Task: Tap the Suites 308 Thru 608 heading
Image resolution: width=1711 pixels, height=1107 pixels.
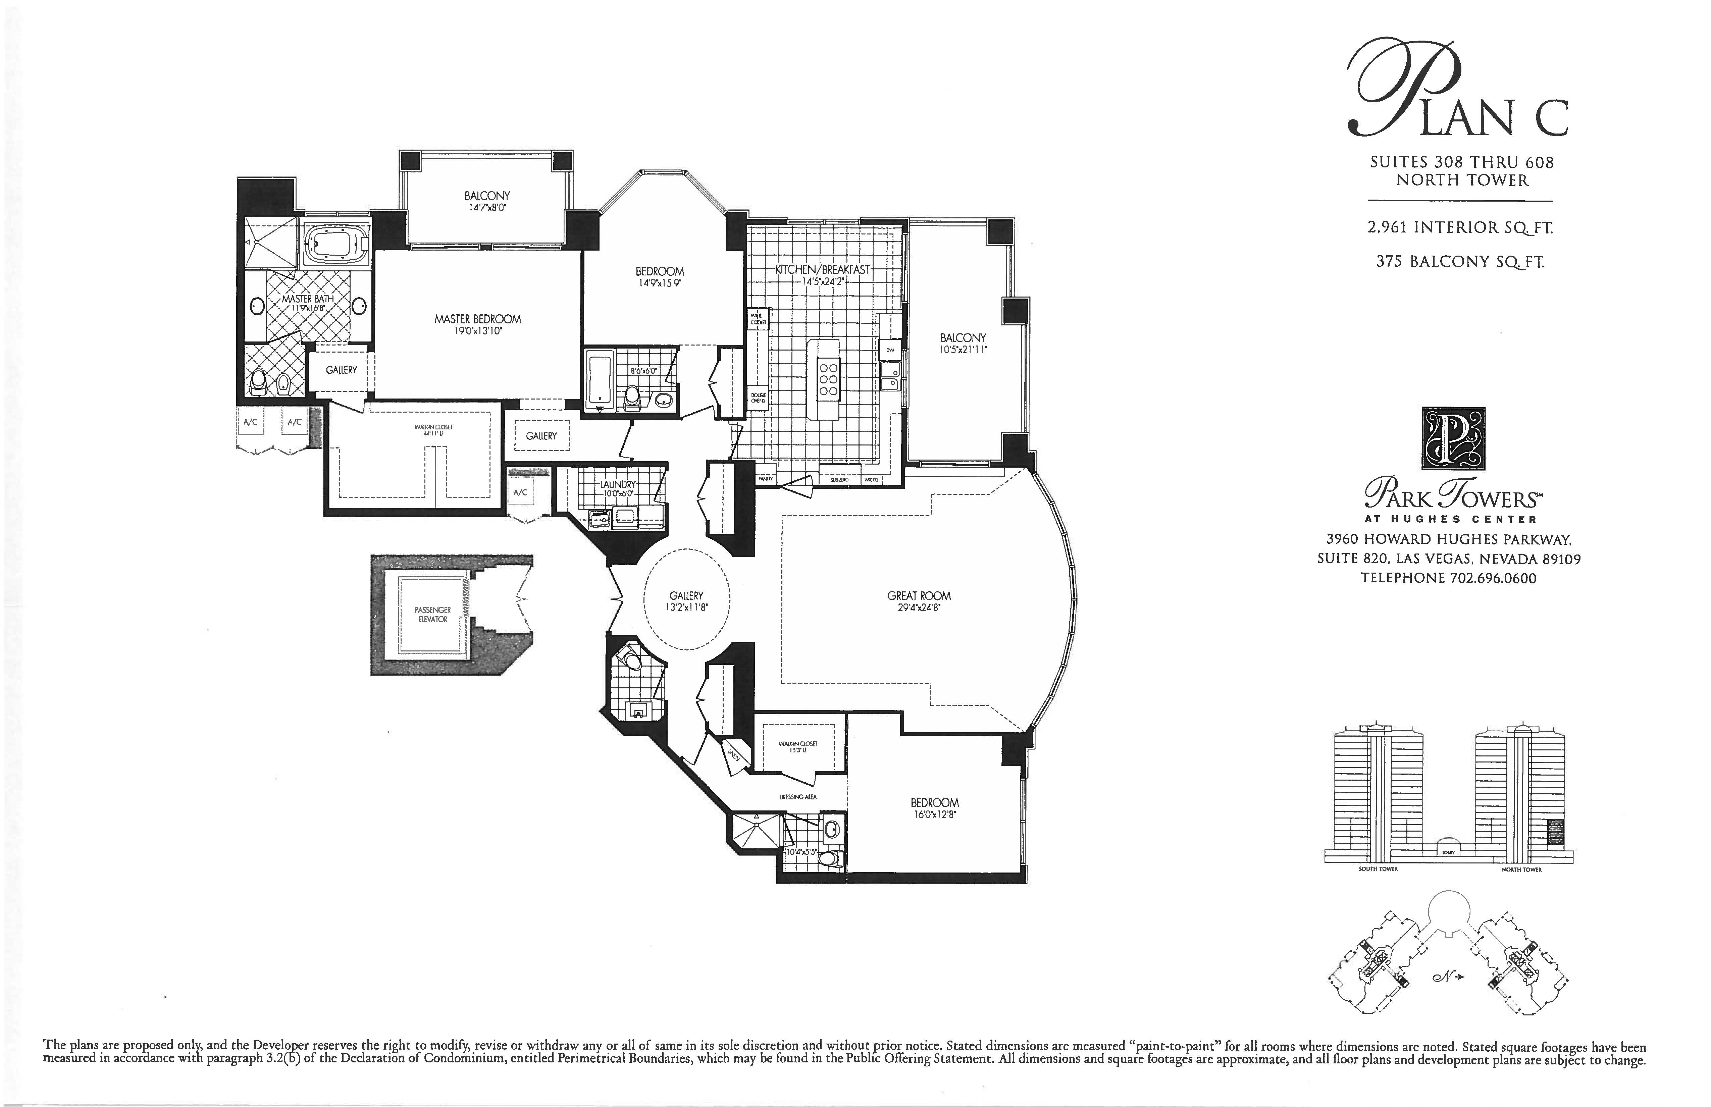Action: pos(1461,162)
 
